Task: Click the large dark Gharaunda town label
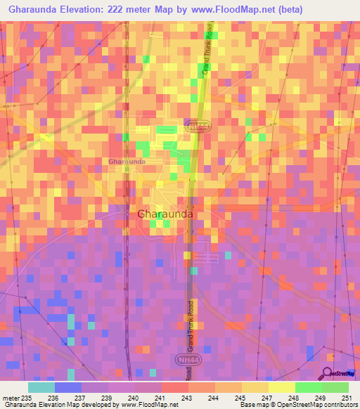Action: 165,214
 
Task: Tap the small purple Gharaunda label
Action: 127,161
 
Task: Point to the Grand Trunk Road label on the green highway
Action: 208,53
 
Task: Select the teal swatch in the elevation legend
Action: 41,387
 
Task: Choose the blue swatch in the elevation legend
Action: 68,387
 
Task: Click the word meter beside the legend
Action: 12,397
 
